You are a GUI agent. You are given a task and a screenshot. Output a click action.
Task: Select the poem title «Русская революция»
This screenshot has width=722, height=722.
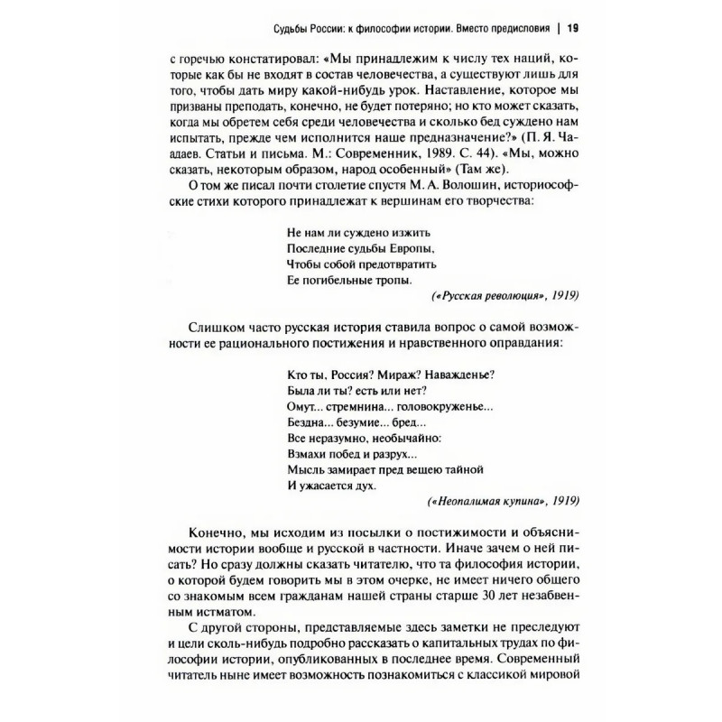point(487,297)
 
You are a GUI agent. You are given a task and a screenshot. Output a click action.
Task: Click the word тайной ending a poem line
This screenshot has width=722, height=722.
point(462,469)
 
